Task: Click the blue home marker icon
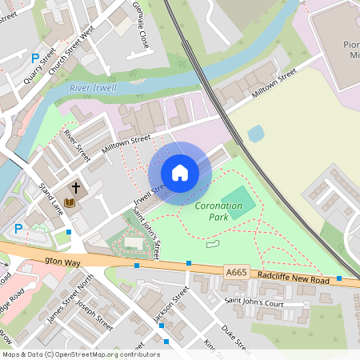[x=180, y=172]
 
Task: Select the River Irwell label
[x=93, y=87]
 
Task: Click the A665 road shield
[x=236, y=273]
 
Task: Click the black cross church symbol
[x=77, y=189]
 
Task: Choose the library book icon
[x=69, y=203]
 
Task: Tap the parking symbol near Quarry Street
[x=34, y=58]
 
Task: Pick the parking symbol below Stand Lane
[x=18, y=229]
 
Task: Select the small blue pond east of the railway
[x=256, y=134]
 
